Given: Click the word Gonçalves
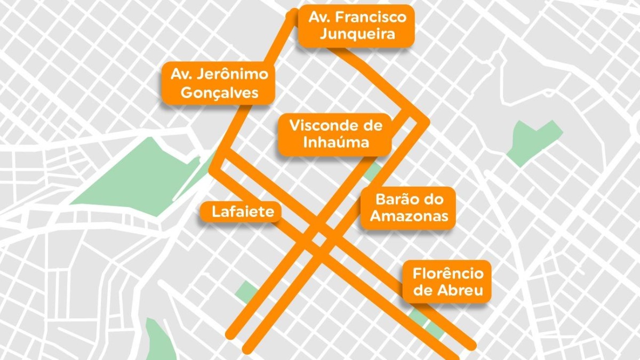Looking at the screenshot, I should (219, 92).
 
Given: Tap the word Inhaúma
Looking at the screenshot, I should (336, 142).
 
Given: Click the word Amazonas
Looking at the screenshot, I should (409, 216).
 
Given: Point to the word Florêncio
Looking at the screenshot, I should (448, 274).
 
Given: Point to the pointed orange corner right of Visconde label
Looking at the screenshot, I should (427, 123).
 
